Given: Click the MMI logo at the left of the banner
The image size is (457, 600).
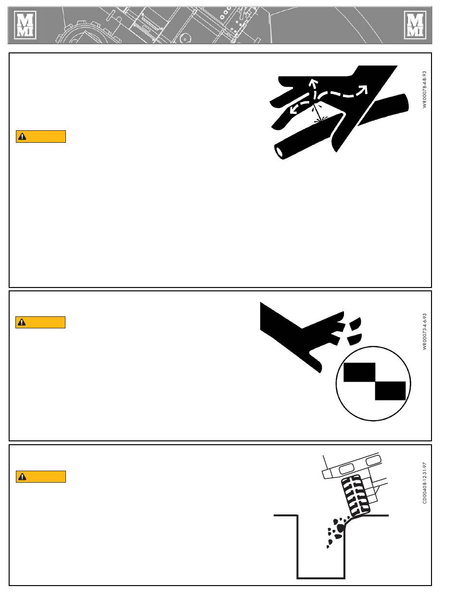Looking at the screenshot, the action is [x=25, y=25].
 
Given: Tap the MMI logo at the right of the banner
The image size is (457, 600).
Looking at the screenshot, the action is [x=415, y=25].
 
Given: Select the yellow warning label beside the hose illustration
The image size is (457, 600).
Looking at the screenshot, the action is [x=41, y=137].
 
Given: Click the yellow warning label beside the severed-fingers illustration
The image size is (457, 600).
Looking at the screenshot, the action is [x=40, y=322].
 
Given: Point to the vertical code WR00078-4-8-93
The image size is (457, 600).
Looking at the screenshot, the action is [x=424, y=89].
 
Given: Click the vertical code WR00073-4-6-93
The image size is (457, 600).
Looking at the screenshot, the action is [x=424, y=331].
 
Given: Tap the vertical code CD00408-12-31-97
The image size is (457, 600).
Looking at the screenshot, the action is [x=424, y=483].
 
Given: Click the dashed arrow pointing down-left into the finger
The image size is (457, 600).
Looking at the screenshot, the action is [x=300, y=107].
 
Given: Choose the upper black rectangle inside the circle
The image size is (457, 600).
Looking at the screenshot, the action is [x=359, y=372].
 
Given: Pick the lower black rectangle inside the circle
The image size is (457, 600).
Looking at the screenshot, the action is [x=390, y=391].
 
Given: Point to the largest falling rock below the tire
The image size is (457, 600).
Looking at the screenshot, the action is [x=341, y=527].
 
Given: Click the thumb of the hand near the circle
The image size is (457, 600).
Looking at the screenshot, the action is [x=315, y=362].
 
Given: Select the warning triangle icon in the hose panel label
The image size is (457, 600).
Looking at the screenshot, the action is [x=22, y=137].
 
